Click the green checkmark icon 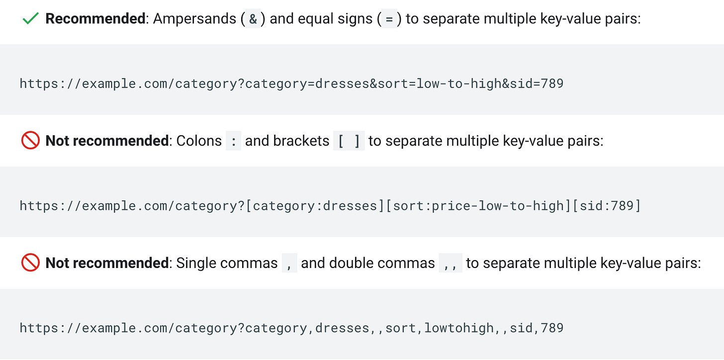(x=30, y=19)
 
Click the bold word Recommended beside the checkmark (x=94, y=19)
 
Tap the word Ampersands (x=194, y=19)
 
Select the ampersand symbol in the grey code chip (x=253, y=19)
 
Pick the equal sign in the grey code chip (x=389, y=19)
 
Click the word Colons (x=199, y=141)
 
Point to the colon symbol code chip (x=233, y=141)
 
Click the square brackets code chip (x=349, y=141)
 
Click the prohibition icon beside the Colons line (x=30, y=141)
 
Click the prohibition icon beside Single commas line (x=30, y=263)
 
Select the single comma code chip (x=289, y=263)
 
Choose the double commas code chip (x=451, y=263)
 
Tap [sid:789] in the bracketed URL (x=607, y=205)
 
